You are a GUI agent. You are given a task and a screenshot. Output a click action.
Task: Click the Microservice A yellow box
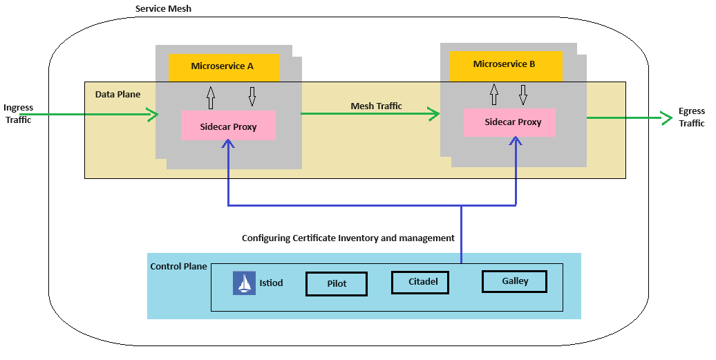224,67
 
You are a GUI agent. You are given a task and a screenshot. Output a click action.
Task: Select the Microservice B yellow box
506,65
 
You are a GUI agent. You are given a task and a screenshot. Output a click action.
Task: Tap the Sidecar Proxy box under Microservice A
228,126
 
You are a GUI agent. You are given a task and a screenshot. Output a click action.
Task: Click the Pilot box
337,284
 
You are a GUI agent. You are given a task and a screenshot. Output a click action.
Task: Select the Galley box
514,281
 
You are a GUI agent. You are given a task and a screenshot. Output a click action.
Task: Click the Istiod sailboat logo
244,283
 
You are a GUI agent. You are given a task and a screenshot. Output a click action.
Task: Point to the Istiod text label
271,283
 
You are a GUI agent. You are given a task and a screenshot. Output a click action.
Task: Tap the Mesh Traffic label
376,106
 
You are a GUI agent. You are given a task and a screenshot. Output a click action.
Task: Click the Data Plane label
117,95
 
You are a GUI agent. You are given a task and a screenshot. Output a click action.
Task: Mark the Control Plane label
178,267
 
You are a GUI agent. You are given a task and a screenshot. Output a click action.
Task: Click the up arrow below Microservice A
211,97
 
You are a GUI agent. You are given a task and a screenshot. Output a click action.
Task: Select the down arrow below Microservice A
252,97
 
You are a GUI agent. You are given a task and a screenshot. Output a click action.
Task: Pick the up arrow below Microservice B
493,94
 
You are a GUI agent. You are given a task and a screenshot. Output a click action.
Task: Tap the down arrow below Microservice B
523,94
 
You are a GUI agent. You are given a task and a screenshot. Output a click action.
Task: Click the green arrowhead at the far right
666,118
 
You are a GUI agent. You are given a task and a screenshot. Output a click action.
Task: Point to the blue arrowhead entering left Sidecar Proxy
228,144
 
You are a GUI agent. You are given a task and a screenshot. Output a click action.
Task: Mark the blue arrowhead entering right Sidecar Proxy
516,140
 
